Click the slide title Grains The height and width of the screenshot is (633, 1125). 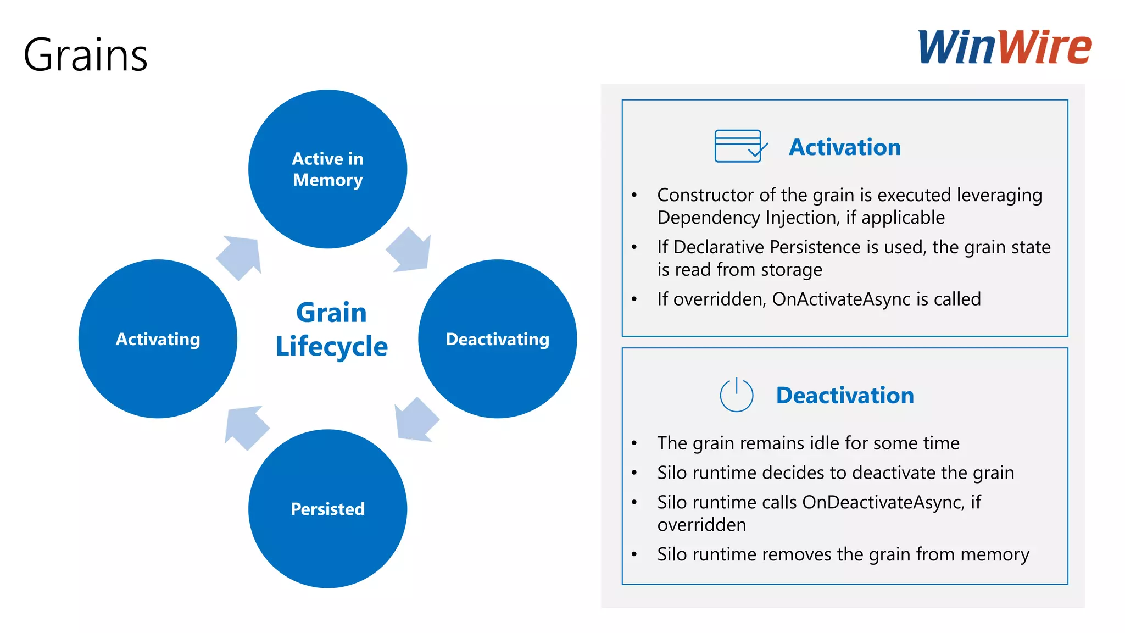tap(86, 55)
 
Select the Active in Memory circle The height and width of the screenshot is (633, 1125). tap(327, 169)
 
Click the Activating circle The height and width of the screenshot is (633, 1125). tap(158, 339)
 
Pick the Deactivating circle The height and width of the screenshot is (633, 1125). tap(497, 339)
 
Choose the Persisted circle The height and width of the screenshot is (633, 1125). tap(327, 509)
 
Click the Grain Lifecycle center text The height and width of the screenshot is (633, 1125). tap(331, 330)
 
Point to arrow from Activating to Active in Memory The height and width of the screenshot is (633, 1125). tap(241, 257)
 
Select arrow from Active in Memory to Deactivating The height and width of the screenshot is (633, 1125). tap(410, 251)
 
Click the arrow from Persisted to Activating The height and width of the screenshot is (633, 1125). tap(246, 427)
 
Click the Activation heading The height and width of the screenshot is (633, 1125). tap(845, 147)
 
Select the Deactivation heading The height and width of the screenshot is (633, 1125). tap(845, 396)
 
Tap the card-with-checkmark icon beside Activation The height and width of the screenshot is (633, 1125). tap(739, 146)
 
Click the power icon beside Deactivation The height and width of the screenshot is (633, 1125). tap(736, 395)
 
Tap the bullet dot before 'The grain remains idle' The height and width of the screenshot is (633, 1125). tap(634, 443)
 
